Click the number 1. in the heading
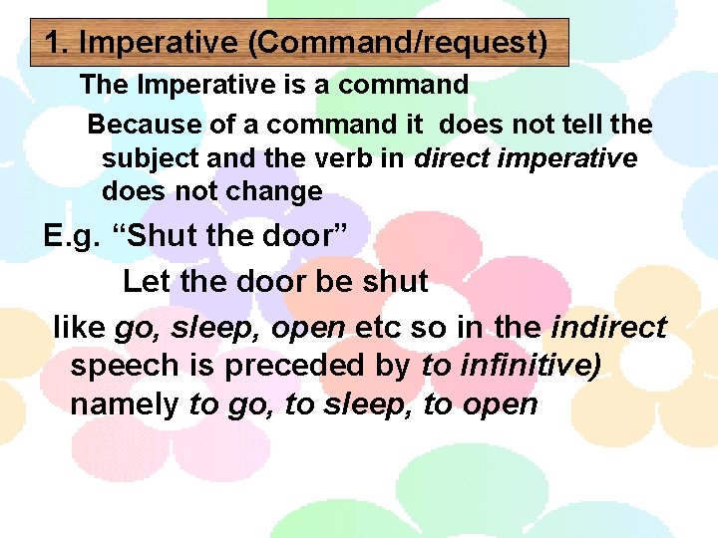tap(57, 44)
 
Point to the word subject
tap(150, 158)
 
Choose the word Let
tap(146, 281)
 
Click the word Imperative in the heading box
tap(160, 44)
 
